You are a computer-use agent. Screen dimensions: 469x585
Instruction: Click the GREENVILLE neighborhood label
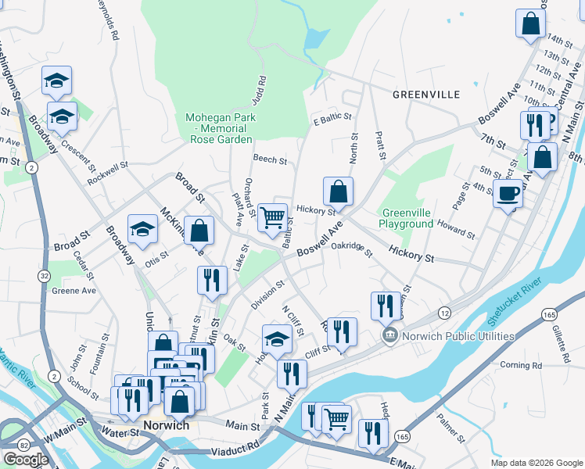(426, 94)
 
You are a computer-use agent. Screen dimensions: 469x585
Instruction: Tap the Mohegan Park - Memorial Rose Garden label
(220, 128)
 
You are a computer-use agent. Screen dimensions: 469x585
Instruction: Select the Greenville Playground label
(407, 218)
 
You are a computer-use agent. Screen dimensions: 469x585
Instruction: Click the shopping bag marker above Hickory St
(338, 192)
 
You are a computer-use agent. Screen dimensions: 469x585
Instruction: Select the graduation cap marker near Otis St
(142, 230)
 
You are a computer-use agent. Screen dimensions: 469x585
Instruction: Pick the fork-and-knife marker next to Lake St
(210, 281)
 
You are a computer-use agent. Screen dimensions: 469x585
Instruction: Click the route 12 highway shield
(444, 312)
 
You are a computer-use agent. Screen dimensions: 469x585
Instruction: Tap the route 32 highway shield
(45, 276)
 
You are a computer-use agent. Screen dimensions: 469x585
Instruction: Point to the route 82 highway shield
(25, 445)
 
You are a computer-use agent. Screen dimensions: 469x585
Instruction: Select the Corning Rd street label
(520, 365)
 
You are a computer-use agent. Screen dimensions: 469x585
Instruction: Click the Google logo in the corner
(26, 460)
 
